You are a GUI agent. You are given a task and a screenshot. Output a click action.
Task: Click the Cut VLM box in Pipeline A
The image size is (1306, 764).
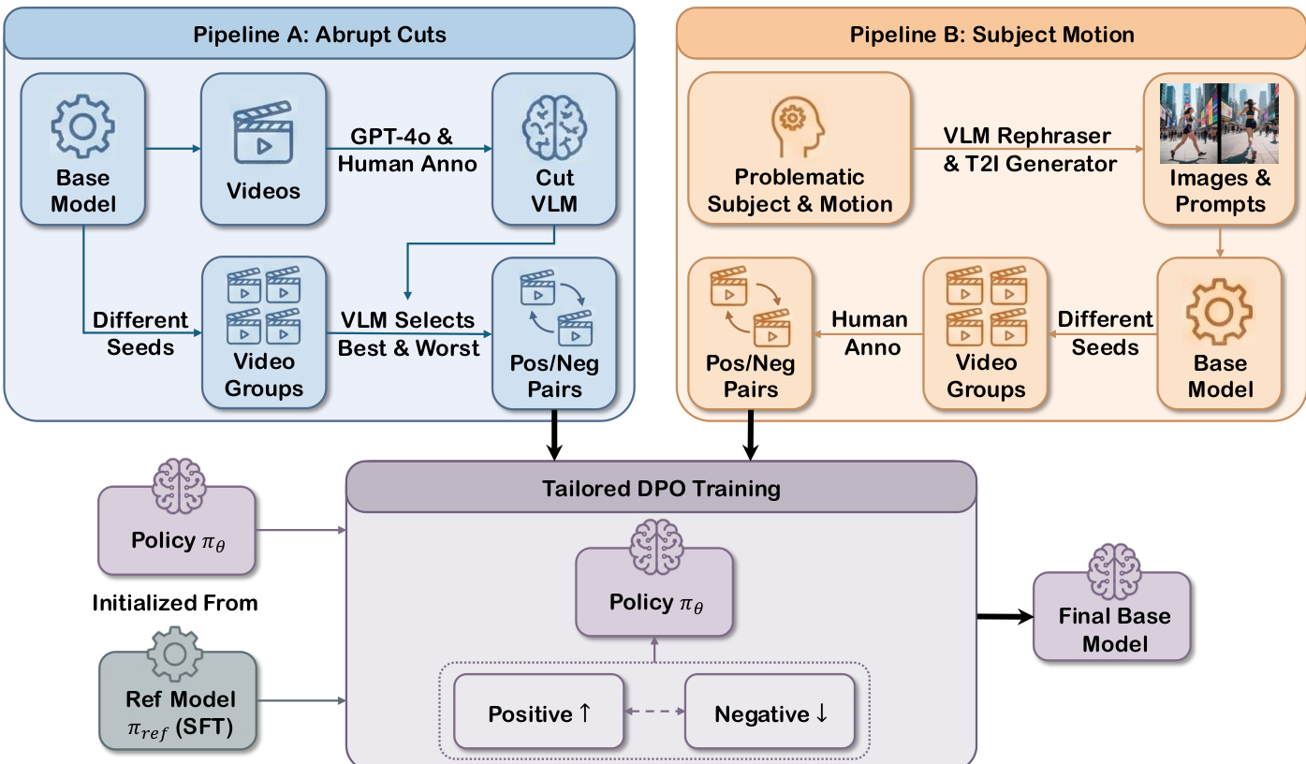(x=554, y=149)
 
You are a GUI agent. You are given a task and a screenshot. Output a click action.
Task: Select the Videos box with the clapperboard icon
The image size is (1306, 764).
(x=263, y=149)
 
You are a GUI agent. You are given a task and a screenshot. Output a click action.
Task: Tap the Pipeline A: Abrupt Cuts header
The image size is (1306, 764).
(x=319, y=36)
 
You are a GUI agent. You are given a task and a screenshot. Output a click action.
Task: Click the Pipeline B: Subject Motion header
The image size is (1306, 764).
(x=991, y=36)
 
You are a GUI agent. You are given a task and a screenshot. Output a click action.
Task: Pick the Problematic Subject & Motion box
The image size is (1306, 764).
(x=800, y=149)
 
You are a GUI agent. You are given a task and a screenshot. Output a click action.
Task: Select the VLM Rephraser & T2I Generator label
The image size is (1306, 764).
(x=1027, y=150)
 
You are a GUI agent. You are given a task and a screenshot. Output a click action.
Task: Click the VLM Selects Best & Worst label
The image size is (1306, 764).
(x=407, y=334)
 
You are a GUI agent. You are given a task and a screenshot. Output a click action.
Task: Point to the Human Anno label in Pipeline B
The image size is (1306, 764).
(x=870, y=333)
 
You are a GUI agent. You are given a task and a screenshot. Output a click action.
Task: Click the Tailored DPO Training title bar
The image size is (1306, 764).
(x=661, y=487)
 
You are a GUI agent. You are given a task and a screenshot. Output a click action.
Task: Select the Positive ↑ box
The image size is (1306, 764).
(x=539, y=713)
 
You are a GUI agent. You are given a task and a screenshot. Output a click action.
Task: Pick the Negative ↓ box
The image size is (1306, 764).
(x=770, y=713)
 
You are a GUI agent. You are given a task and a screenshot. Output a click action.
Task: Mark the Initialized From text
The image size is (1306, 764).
(x=175, y=603)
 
